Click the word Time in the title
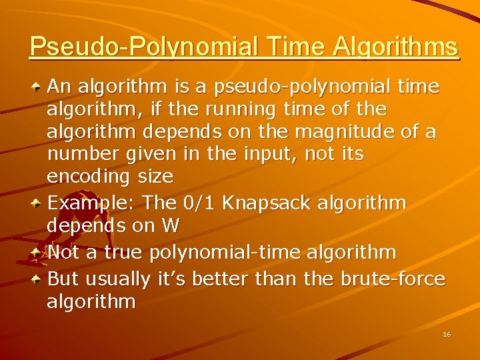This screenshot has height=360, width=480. point(292,47)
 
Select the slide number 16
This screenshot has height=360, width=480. point(447,334)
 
